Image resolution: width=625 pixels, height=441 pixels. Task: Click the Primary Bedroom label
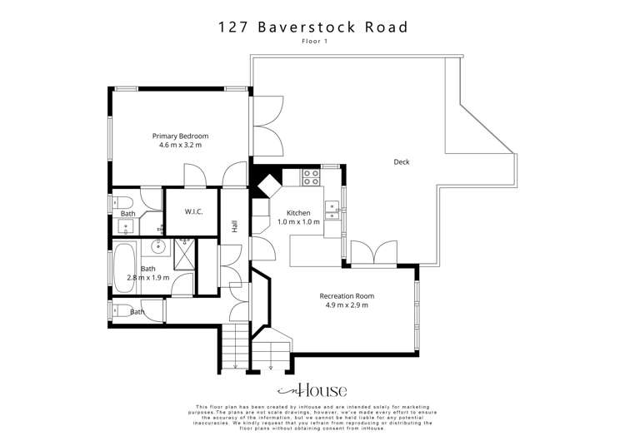pos(180,136)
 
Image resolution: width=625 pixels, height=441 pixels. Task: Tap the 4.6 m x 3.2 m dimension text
pos(180,145)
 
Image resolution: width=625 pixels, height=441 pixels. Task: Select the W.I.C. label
pos(194,212)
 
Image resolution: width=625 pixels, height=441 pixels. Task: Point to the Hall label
pos(236,226)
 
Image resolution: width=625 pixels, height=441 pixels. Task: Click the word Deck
pos(402,162)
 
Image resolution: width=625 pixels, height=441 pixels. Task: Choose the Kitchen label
pos(297,212)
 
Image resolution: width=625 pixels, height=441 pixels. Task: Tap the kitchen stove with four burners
pos(311,177)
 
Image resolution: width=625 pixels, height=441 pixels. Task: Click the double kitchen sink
pos(332,210)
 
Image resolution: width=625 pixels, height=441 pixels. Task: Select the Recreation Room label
pos(347,295)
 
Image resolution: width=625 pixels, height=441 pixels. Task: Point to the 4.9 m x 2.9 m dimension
pos(347,305)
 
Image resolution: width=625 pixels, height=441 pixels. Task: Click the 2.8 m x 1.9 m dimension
pos(147,278)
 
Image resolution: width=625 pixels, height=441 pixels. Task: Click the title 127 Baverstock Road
pos(312,27)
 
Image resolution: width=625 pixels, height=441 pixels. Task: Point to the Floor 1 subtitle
pos(312,41)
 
